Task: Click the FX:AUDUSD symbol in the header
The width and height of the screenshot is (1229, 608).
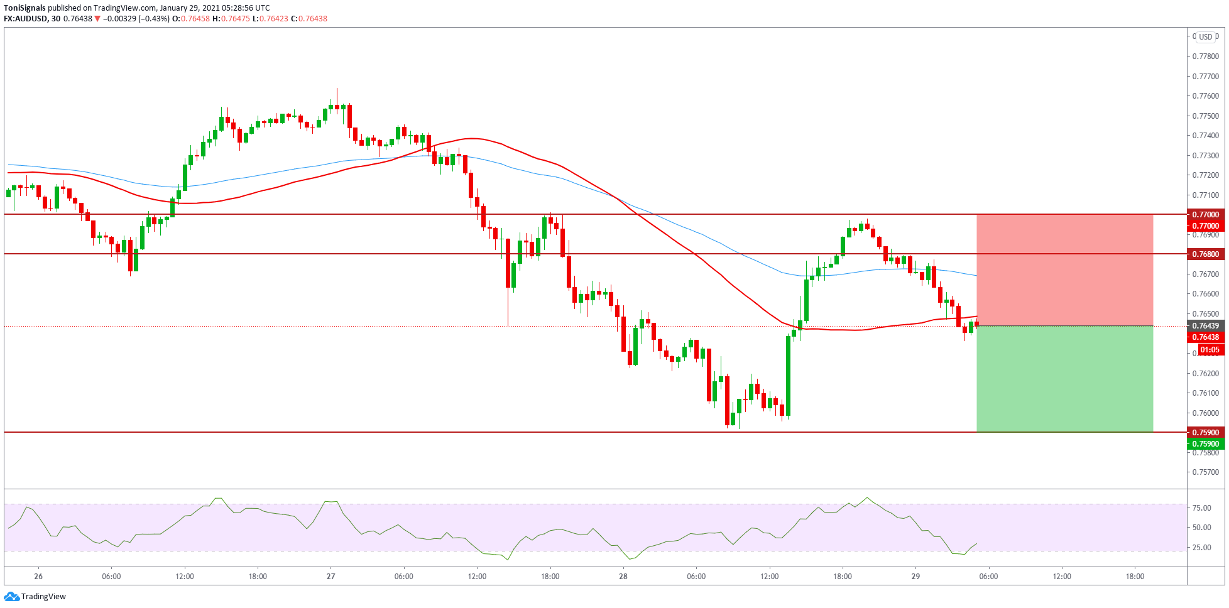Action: click(25, 19)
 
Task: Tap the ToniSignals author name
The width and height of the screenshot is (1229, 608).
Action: click(25, 8)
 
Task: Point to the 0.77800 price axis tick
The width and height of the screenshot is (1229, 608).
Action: click(1205, 57)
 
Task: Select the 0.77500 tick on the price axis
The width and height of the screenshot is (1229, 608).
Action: click(1205, 116)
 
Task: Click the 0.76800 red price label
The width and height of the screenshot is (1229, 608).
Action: click(1205, 254)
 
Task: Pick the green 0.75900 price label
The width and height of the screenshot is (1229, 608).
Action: click(1205, 444)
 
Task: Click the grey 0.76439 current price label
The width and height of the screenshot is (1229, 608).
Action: click(1205, 326)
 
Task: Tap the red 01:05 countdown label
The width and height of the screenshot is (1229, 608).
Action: click(1210, 350)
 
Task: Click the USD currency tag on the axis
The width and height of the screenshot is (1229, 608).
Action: click(1205, 37)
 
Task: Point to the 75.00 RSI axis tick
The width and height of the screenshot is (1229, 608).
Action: click(1201, 508)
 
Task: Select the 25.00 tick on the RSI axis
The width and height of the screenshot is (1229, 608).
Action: click(1201, 548)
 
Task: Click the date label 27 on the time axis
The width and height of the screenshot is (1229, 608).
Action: click(331, 577)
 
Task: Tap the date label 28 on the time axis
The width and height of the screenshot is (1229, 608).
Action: click(623, 577)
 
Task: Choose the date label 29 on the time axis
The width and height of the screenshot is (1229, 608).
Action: click(915, 577)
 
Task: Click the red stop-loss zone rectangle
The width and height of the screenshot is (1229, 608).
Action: click(1064, 270)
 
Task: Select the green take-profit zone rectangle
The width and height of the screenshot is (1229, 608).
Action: click(1064, 379)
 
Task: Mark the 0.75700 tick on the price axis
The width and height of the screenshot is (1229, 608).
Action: click(1205, 472)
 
